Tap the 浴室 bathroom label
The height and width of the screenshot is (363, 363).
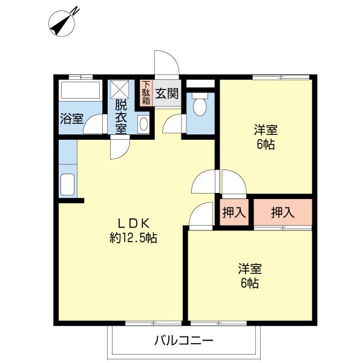pyautogui.click(x=71, y=119)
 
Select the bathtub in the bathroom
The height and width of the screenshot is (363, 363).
pyautogui.click(x=80, y=93)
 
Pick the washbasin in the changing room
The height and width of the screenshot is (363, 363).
pyautogui.click(x=143, y=125)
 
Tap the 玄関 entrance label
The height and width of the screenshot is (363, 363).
pyautogui.click(x=166, y=94)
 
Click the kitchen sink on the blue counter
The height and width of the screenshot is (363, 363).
pyautogui.click(x=67, y=184)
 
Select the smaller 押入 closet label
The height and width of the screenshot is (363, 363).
pyautogui.click(x=233, y=212)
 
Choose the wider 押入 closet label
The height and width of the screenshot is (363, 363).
pyautogui.click(x=283, y=212)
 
